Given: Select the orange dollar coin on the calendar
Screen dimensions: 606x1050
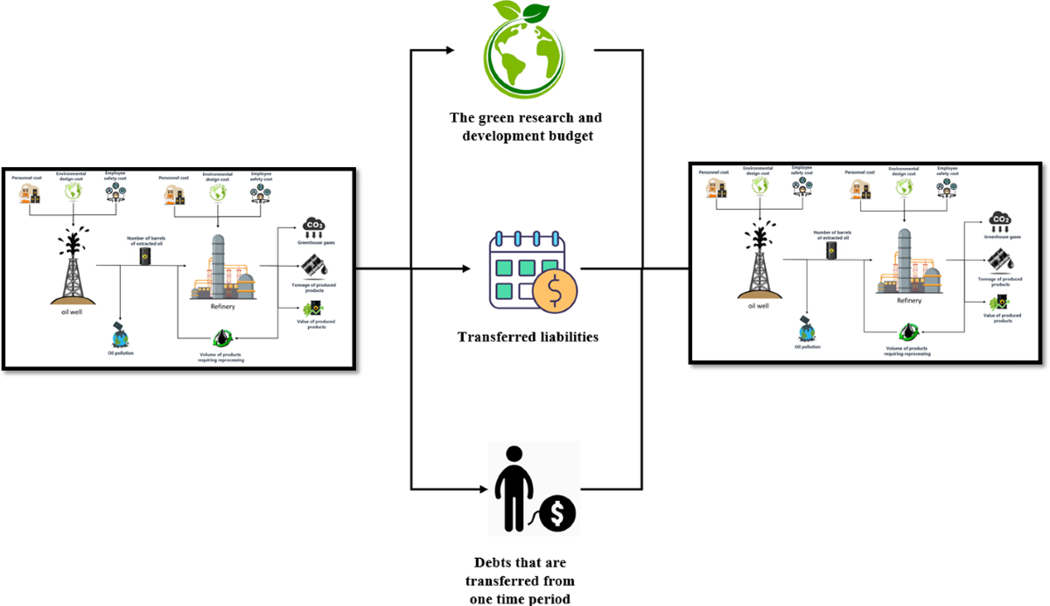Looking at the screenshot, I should point(553,290).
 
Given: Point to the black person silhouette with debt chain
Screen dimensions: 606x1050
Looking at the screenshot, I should point(515,485).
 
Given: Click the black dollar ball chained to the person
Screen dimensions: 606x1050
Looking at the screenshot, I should point(557,512).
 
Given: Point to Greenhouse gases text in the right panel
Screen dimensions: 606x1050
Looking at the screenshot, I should point(999,235).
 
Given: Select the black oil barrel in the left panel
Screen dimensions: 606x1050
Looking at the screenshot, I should point(145,256).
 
